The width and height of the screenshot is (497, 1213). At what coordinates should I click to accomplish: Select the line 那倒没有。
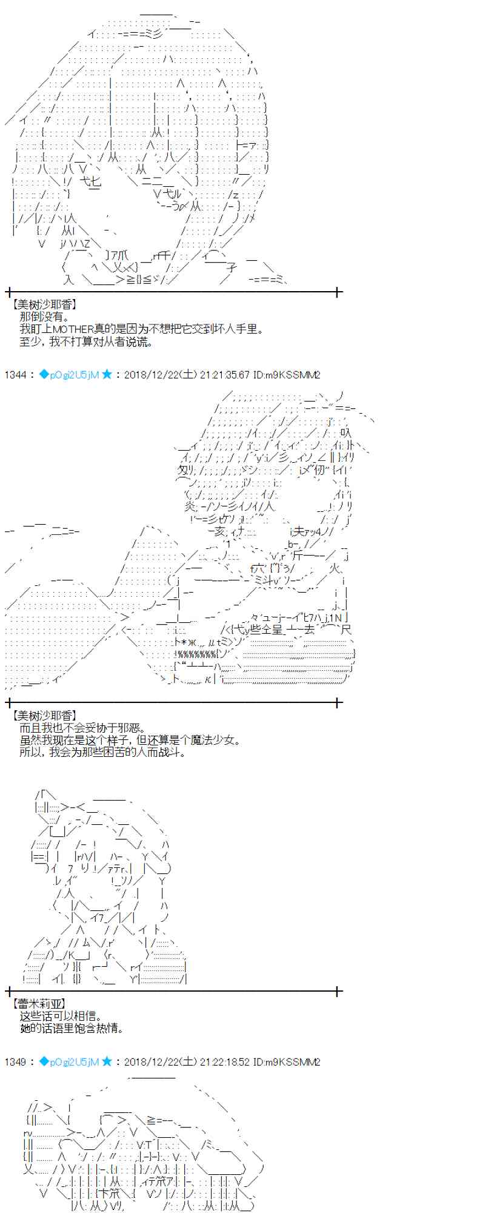(44, 317)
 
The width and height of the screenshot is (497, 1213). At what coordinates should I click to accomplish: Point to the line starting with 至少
(85, 341)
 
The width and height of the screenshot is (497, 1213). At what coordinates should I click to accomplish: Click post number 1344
(15, 375)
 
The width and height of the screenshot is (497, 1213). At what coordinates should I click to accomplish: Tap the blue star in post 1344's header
(107, 375)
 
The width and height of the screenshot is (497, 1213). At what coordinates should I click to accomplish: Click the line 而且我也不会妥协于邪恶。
(81, 728)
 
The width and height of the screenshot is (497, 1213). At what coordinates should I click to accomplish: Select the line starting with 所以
(102, 752)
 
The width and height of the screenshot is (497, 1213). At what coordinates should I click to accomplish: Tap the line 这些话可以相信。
(60, 1016)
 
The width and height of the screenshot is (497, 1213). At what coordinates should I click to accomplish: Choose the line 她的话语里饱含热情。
(72, 1028)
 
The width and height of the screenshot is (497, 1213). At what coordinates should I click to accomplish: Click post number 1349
(15, 1061)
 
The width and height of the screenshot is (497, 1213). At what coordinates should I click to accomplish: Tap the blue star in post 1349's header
(107, 1061)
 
